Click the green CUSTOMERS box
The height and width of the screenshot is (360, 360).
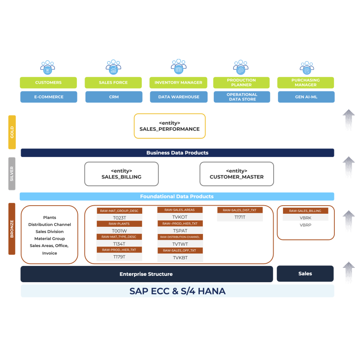[49, 83]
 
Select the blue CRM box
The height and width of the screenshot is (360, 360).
[113, 97]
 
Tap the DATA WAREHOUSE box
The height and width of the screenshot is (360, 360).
[179, 97]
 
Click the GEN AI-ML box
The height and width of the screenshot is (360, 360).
[306, 97]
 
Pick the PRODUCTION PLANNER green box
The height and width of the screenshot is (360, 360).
[242, 83]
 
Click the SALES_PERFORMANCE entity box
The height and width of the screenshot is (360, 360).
[170, 126]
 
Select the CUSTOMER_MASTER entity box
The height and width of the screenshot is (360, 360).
[236, 174]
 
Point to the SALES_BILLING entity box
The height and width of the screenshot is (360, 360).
[121, 174]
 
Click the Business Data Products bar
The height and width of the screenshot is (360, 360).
[177, 153]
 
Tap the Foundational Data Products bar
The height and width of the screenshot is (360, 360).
[177, 197]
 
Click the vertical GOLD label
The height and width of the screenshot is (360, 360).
[12, 132]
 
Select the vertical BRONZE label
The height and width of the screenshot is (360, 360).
[12, 229]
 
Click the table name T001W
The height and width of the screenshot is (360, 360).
[119, 230]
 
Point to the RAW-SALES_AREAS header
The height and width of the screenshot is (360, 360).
[180, 210]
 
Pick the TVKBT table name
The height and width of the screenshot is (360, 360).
[180, 258]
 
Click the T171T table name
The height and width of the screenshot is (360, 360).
[240, 217]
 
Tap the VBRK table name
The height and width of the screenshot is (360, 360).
[306, 218]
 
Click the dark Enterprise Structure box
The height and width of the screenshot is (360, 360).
[146, 274]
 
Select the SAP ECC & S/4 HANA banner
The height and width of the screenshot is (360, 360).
[177, 291]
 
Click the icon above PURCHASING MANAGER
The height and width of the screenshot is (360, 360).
[306, 68]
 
